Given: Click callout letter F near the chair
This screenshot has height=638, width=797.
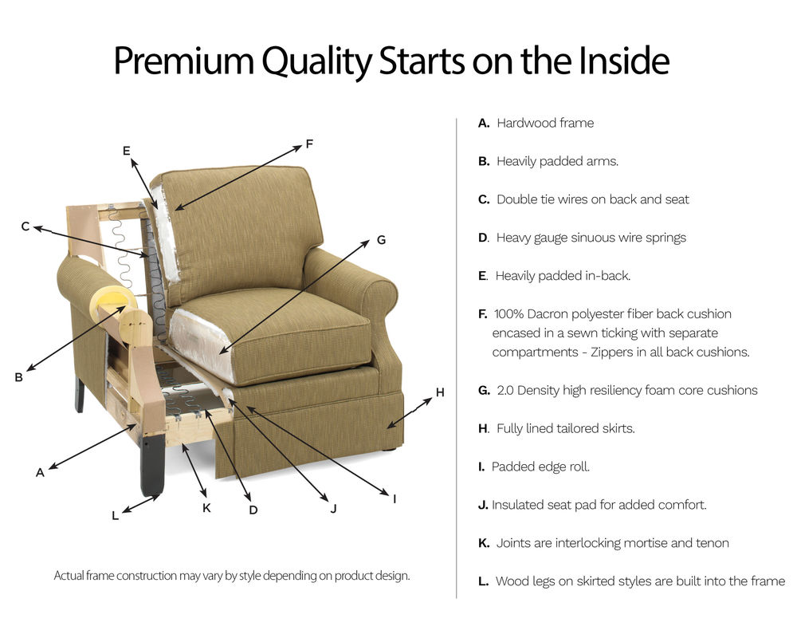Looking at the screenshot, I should [309, 144].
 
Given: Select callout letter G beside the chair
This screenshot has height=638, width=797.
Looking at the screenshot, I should [381, 239].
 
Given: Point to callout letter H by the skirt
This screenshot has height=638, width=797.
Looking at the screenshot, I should [439, 392].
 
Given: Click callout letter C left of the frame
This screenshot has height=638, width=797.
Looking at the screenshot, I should [26, 227].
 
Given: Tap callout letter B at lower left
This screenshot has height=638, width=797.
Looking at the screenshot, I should [18, 378].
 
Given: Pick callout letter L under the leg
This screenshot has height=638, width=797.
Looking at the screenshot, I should [115, 516].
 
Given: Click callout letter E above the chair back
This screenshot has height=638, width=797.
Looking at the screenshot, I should [126, 150].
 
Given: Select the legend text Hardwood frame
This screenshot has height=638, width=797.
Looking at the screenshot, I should [544, 123].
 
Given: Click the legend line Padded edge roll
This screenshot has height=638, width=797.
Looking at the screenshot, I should [540, 467].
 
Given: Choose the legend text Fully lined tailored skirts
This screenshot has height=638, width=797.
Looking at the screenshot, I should [565, 428].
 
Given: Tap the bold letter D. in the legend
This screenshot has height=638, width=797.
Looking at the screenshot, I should [484, 238].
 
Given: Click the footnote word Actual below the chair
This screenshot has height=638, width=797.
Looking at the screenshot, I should [69, 575].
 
